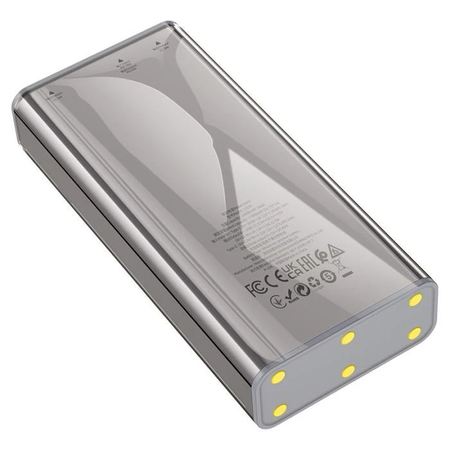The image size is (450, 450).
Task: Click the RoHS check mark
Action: coord(276,299)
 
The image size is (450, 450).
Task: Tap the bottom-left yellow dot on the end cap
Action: coord(280,410)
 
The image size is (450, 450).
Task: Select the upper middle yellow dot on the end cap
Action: coord(348,337)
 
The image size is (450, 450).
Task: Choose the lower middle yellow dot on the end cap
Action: coord(348,371)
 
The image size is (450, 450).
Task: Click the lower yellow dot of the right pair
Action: coord(415,333)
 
